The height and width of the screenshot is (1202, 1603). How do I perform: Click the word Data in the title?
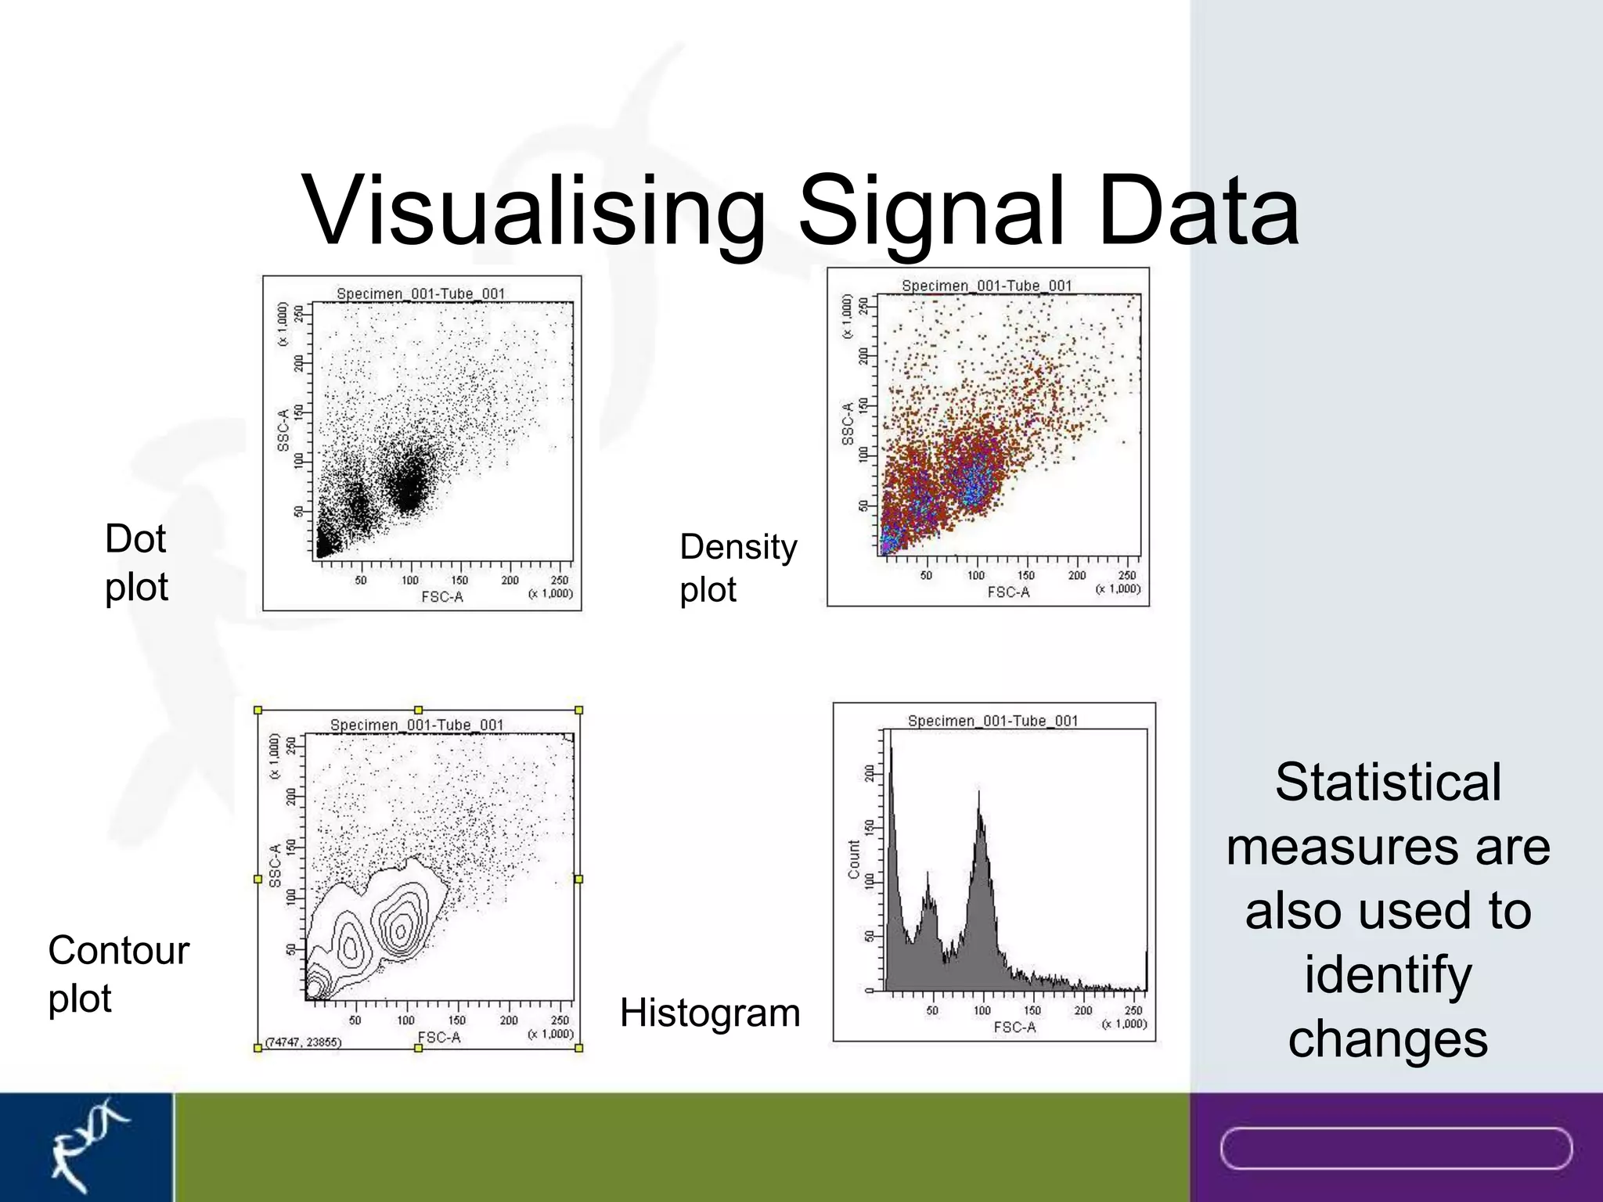pyautogui.click(x=1198, y=211)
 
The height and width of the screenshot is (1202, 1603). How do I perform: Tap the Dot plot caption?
pyautogui.click(x=136, y=563)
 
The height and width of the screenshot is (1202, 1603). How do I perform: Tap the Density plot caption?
pyautogui.click(x=737, y=567)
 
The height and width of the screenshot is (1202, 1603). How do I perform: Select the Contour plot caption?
pyautogui.click(x=118, y=973)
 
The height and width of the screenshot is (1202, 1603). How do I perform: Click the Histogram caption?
pyautogui.click(x=710, y=1013)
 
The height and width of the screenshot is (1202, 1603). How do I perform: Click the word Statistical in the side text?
pyautogui.click(x=1388, y=782)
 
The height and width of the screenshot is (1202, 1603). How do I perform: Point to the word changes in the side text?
pyautogui.click(x=1388, y=1038)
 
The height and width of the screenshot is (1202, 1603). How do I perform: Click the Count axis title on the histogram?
pyautogui.click(x=854, y=859)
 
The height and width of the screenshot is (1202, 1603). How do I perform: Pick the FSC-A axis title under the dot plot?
pyautogui.click(x=442, y=597)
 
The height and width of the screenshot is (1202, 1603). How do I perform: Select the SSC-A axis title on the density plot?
pyautogui.click(x=848, y=424)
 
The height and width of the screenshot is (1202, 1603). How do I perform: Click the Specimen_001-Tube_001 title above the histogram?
pyautogui.click(x=992, y=721)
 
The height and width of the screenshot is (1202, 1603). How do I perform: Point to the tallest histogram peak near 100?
pyautogui.click(x=978, y=794)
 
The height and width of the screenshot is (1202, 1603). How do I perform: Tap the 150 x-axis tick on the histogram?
pyautogui.click(x=1032, y=1010)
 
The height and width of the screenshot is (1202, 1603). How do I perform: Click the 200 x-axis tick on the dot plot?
pyautogui.click(x=510, y=580)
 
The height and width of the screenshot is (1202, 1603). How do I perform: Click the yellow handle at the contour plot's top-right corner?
pyautogui.click(x=579, y=711)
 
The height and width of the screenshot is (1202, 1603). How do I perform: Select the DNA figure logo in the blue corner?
pyautogui.click(x=86, y=1146)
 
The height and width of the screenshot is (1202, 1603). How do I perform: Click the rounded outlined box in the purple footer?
pyautogui.click(x=1396, y=1148)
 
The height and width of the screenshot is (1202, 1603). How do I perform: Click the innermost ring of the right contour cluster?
pyautogui.click(x=400, y=930)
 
